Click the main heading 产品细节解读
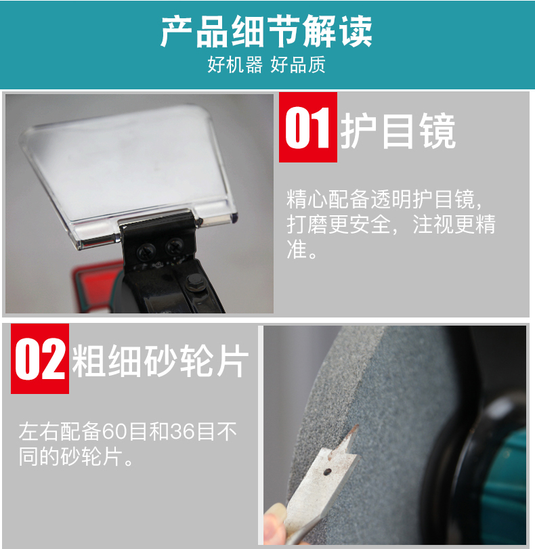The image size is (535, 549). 266,31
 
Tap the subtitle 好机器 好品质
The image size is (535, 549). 266,64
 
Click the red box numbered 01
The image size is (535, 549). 308,127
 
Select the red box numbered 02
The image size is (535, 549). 40,359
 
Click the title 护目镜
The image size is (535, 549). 398,131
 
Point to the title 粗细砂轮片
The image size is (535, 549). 160,361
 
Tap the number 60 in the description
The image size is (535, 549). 114,432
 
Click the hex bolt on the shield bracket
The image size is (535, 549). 194,282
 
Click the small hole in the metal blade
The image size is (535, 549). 328,472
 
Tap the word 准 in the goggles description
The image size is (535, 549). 297,249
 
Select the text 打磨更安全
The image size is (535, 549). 338,224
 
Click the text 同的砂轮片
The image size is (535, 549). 71,456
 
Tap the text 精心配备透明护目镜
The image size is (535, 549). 381,199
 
